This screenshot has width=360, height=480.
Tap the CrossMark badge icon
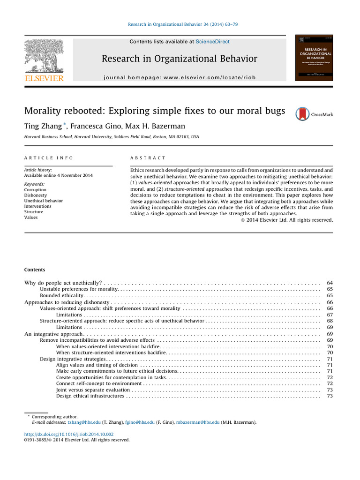pyautogui.click(x=303, y=114)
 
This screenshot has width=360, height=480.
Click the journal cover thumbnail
pyautogui.click(x=314, y=58)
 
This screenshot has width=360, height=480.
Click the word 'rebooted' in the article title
pyautogui.click(x=81, y=111)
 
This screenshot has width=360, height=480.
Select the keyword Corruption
pyautogui.click(x=35, y=190)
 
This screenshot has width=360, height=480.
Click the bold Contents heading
pyautogui.click(x=35, y=270)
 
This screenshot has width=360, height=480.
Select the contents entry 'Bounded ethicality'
pyautogui.click(x=61, y=296)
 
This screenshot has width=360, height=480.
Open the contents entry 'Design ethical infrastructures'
pyautogui.click(x=90, y=396)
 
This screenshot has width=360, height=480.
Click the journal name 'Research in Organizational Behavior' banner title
pyautogui.click(x=180, y=59)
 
